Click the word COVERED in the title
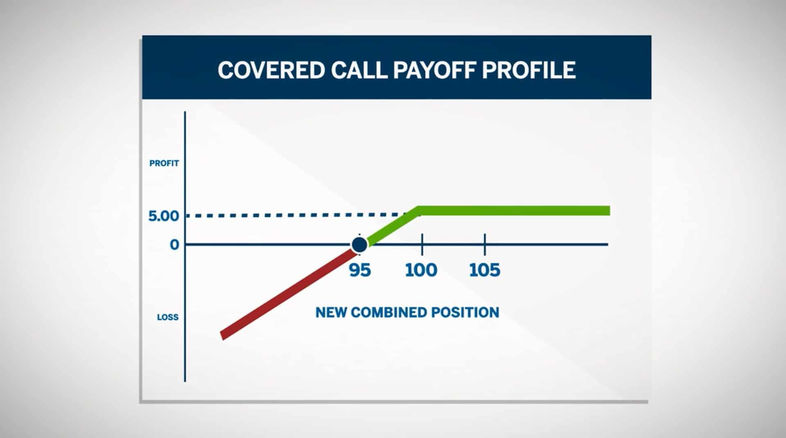pos(271,70)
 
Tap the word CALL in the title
pos(359,70)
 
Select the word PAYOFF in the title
pos(434,70)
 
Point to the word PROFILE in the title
pos(529,70)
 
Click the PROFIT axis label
pos(164,163)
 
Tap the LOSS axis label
pos(168,317)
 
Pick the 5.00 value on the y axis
pos(164,216)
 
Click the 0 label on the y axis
pos(175,245)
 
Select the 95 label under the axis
pos(360,270)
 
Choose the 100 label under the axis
pos(421,270)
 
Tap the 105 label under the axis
pos(485,270)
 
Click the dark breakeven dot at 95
pos(359,245)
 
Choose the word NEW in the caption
pos(331,312)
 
